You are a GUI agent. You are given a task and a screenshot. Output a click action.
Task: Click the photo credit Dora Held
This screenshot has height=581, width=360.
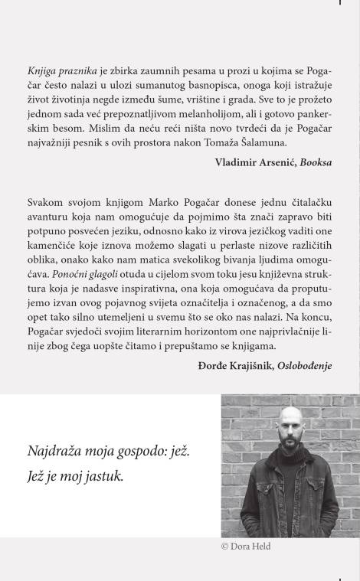click(x=253, y=547)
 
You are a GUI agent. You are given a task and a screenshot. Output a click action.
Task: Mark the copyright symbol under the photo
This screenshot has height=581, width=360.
click(x=225, y=547)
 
